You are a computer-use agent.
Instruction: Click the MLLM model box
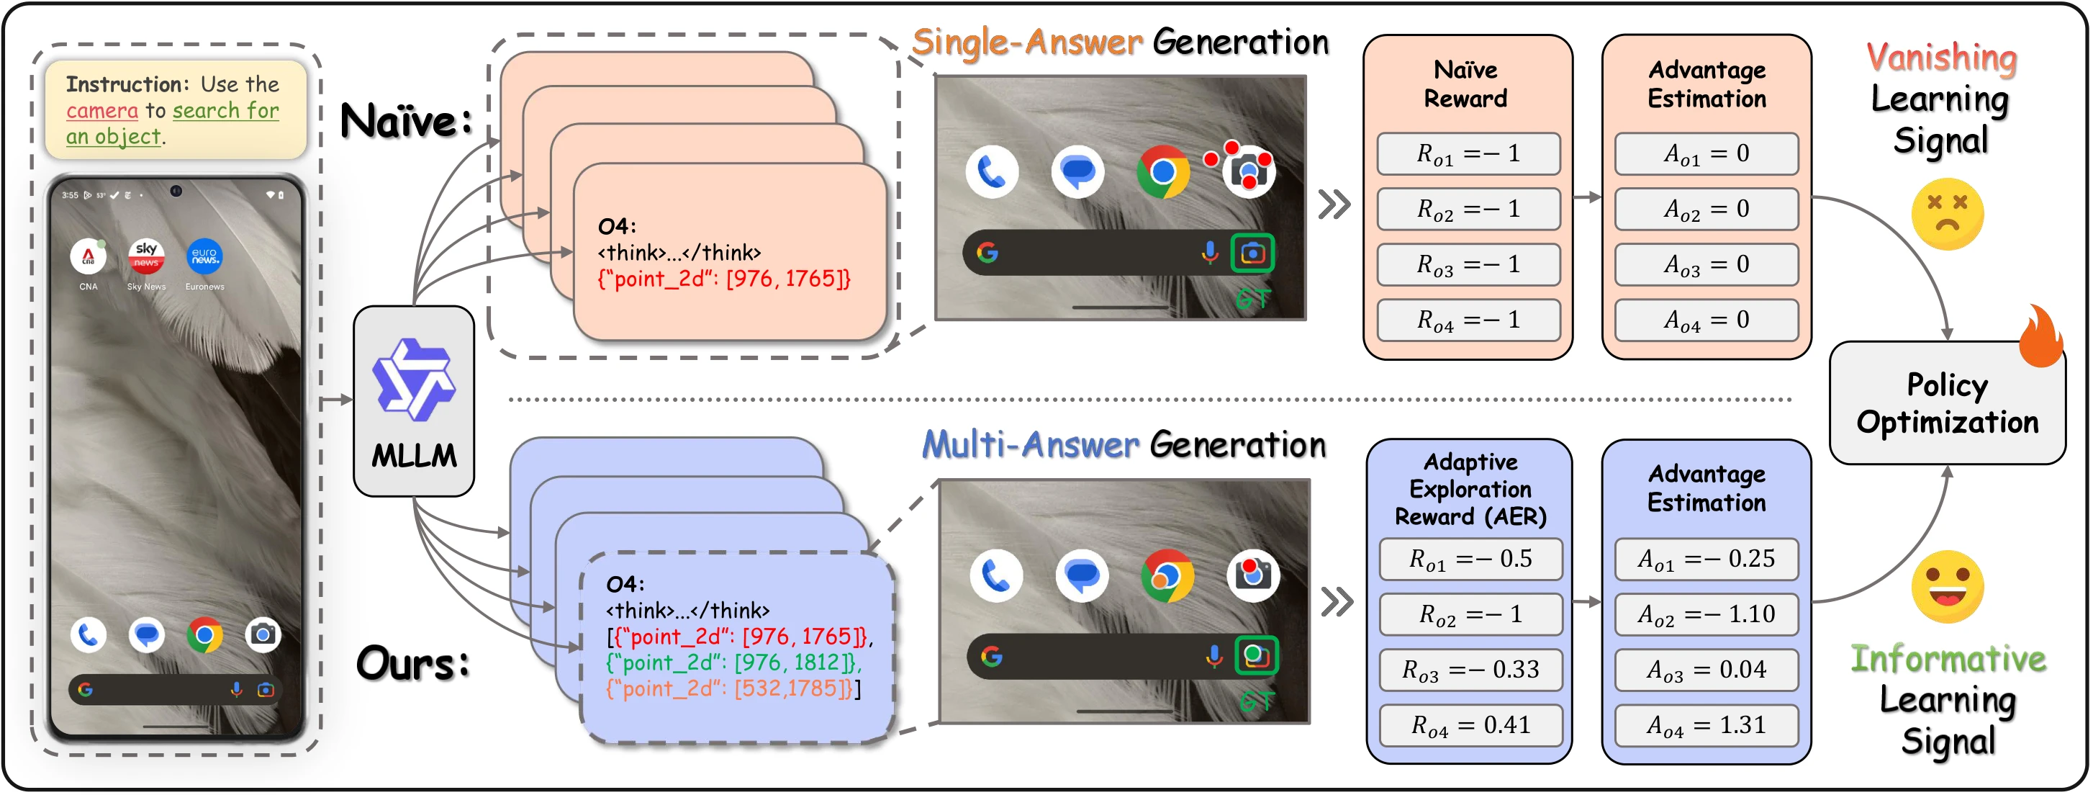414,401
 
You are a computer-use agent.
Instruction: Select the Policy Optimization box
1947,403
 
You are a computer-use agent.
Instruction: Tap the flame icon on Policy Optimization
2041,336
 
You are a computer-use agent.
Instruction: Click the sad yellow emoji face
1947,215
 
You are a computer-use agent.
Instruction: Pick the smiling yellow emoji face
1947,587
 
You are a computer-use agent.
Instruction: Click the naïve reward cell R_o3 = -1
1468,265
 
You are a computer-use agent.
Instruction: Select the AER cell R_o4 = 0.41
1470,725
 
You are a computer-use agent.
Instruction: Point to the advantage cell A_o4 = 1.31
1707,725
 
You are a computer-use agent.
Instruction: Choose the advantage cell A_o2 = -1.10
1707,614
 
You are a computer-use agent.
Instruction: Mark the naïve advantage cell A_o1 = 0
1707,153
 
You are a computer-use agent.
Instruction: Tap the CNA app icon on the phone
88,257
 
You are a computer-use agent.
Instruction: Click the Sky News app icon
146,257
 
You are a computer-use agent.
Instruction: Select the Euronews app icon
204,257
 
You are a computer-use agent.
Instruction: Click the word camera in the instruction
102,111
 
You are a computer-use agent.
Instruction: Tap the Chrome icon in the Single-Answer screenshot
1162,172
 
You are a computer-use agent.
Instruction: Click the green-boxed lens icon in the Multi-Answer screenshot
1256,655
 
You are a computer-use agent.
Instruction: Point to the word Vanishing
1941,57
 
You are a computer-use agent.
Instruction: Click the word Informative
1948,658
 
